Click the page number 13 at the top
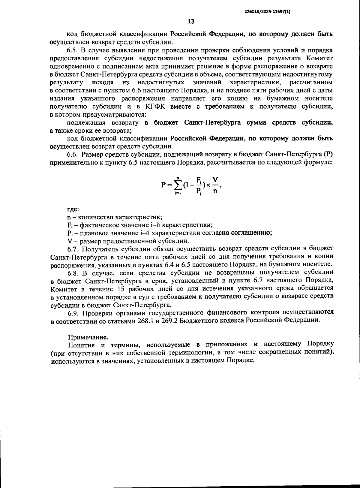191,21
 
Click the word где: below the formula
73,209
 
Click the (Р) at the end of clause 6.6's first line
328,155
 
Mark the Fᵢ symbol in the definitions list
70,225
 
